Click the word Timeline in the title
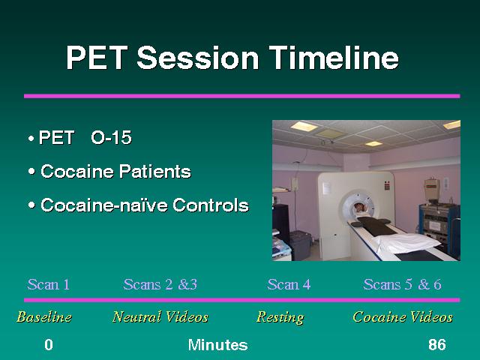(334, 57)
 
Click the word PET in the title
(97, 58)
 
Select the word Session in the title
(198, 58)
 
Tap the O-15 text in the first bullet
(112, 137)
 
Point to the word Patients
(155, 171)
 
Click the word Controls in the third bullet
(211, 205)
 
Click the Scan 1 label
(48, 284)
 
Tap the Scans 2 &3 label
(160, 284)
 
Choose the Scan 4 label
(289, 284)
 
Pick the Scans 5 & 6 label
(402, 284)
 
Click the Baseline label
(44, 316)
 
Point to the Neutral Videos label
(160, 316)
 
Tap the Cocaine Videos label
(403, 316)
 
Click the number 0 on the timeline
(49, 345)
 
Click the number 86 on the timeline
(437, 345)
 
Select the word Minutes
(218, 345)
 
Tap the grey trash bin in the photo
(300, 246)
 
